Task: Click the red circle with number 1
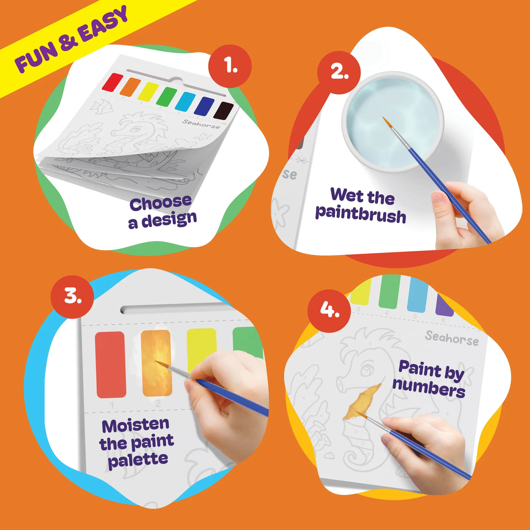click(230, 66)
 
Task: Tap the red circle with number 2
click(339, 72)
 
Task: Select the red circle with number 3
click(72, 296)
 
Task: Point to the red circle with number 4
click(329, 310)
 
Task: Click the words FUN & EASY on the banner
click(72, 39)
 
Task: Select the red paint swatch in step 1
click(112, 82)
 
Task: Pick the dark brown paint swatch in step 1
click(224, 110)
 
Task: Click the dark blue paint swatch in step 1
click(204, 106)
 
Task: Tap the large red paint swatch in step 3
click(110, 365)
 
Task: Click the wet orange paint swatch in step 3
click(156, 363)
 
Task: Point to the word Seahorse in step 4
click(452, 338)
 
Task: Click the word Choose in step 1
click(161, 203)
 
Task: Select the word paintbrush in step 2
click(360, 215)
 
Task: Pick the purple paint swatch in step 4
click(444, 306)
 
